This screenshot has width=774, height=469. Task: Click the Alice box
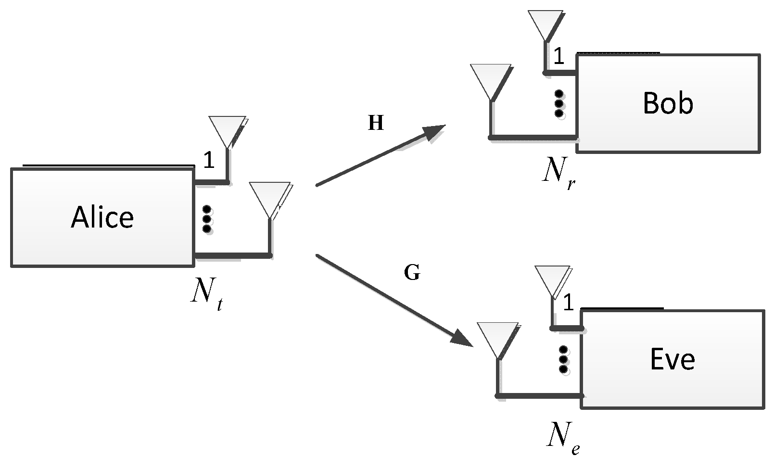click(102, 217)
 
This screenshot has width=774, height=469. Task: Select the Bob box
click(668, 103)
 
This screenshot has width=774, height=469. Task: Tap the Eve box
click(672, 359)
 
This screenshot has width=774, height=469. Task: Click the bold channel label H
click(376, 124)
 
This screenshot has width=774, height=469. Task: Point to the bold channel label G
click(412, 273)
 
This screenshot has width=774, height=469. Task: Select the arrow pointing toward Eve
click(394, 301)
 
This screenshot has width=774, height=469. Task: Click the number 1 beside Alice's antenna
click(208, 160)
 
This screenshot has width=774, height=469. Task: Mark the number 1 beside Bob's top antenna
click(558, 57)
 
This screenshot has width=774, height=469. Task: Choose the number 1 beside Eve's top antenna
click(568, 303)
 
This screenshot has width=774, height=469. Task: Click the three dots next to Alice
click(207, 219)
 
